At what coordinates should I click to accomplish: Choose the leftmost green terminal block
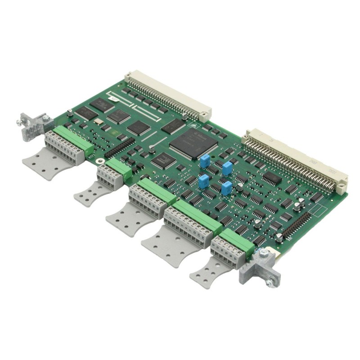click(72, 140)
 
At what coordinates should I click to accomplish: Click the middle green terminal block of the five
click(156, 192)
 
